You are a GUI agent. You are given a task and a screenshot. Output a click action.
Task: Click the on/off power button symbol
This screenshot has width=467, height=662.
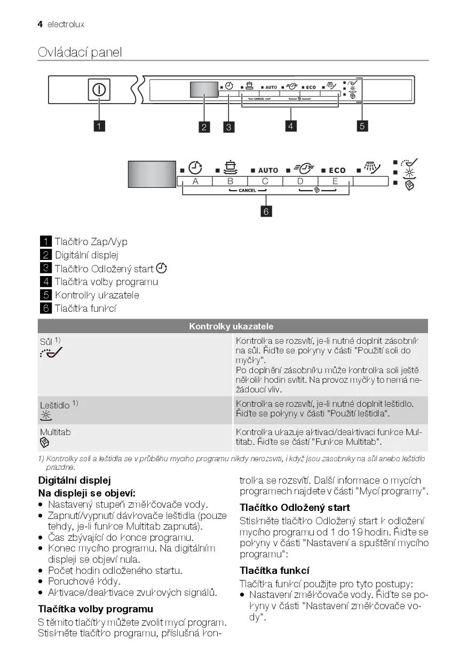pyautogui.click(x=99, y=89)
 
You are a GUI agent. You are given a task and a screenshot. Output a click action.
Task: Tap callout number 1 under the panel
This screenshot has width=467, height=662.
pyautogui.click(x=99, y=126)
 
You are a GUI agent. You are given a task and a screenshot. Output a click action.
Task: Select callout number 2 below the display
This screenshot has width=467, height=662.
pyautogui.click(x=204, y=127)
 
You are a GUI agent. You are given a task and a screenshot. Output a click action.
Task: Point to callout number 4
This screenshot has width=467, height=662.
pyautogui.click(x=291, y=126)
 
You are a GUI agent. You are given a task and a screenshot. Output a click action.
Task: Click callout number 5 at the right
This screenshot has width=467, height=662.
pyautogui.click(x=362, y=126)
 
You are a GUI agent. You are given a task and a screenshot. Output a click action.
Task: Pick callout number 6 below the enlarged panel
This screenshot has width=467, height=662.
pyautogui.click(x=266, y=211)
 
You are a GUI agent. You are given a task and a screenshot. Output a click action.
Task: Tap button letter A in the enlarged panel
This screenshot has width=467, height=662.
pyautogui.click(x=195, y=181)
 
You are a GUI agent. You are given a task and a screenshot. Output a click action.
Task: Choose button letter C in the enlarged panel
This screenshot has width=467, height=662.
pyautogui.click(x=265, y=181)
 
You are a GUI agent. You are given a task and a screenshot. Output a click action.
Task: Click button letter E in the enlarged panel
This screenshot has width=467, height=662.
pyautogui.click(x=335, y=181)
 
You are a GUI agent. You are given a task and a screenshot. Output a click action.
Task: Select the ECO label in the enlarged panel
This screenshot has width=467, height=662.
pyautogui.click(x=337, y=170)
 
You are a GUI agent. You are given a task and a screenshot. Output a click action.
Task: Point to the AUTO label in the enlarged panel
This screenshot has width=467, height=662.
pyautogui.click(x=268, y=170)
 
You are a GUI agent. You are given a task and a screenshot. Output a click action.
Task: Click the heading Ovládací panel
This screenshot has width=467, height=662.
pyautogui.click(x=80, y=52)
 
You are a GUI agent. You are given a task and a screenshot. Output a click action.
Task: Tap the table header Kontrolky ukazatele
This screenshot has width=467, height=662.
pyautogui.click(x=231, y=326)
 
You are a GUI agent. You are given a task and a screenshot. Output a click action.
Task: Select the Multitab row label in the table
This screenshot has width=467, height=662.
pyautogui.click(x=55, y=432)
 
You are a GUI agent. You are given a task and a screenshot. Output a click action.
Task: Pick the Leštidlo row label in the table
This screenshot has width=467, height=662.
pyautogui.click(x=55, y=405)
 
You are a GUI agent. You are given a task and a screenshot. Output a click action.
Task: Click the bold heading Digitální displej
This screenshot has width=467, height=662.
pyautogui.click(x=74, y=480)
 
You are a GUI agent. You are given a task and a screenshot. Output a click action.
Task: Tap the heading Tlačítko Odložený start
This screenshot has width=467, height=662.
pyautogui.click(x=295, y=507)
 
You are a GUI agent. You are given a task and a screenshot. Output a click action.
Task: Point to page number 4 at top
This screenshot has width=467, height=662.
pyautogui.click(x=40, y=24)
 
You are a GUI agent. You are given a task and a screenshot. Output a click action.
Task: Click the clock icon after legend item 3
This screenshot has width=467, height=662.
pyautogui.click(x=161, y=269)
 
